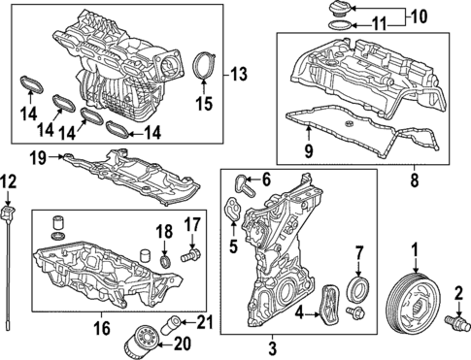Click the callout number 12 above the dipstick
click(x=8, y=182)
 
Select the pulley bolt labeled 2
click(x=458, y=323)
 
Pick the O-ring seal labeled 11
click(x=341, y=25)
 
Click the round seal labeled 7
click(x=357, y=288)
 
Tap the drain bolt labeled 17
click(x=190, y=254)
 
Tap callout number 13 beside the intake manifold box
click(x=239, y=75)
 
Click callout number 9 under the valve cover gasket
click(x=309, y=151)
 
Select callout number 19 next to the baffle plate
click(x=39, y=158)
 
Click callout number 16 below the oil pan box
click(x=102, y=328)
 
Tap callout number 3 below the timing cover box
click(x=273, y=349)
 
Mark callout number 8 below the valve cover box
click(x=415, y=180)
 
